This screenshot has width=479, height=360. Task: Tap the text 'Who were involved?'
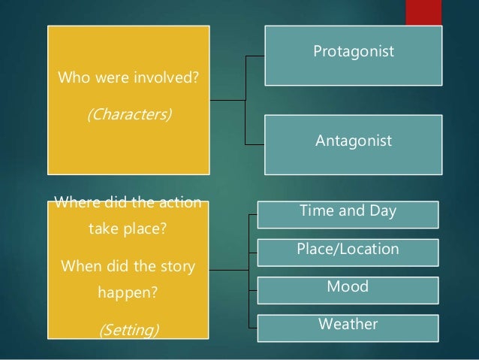click(x=128, y=77)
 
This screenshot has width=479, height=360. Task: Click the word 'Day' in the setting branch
click(x=383, y=213)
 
